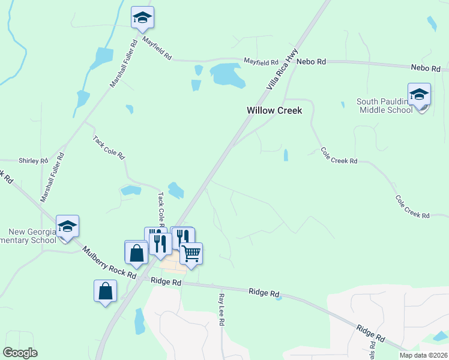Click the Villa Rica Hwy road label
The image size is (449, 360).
click(x=282, y=71)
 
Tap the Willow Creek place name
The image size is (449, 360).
click(x=274, y=110)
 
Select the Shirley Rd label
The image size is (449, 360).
click(x=33, y=161)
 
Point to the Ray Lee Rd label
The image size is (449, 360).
click(x=221, y=309)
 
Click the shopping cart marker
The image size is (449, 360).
click(x=191, y=253)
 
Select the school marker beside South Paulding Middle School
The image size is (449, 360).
click(x=419, y=95)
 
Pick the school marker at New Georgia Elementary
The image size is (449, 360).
click(x=67, y=226)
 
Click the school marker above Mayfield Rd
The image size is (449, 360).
click(x=142, y=17)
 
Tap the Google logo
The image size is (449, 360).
click(x=20, y=353)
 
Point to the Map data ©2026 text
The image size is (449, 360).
click(x=423, y=355)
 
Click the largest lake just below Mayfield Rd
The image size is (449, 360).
click(x=227, y=74)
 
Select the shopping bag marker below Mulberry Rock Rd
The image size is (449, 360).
click(x=105, y=291)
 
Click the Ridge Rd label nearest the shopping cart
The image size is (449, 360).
click(x=166, y=281)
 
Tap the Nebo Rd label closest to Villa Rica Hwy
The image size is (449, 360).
click(x=313, y=61)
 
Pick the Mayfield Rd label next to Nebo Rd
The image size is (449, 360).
click(x=261, y=62)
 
